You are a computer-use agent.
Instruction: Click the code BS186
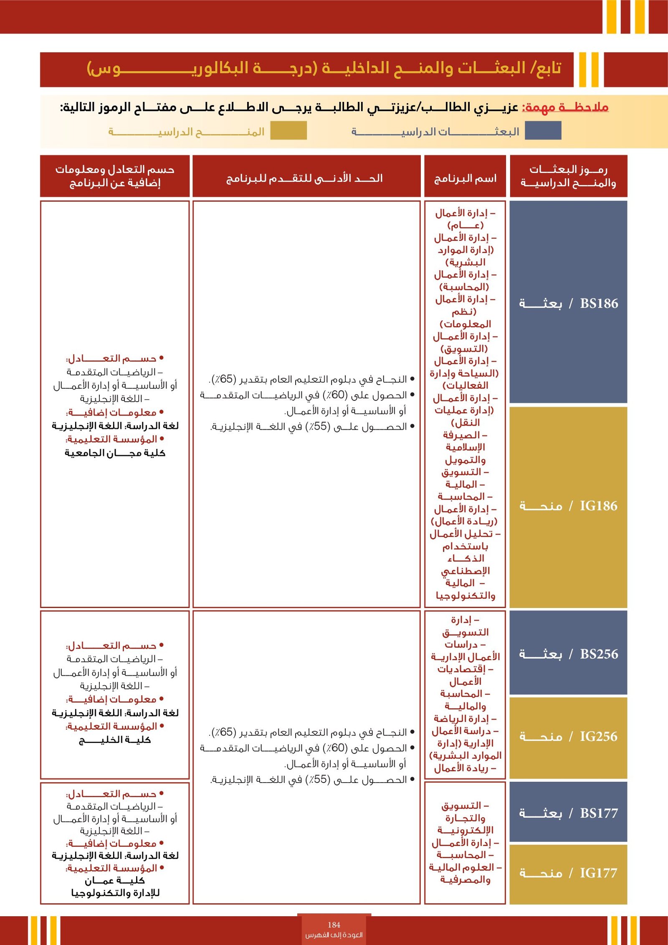tap(599, 304)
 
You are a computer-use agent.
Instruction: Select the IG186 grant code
tap(598, 506)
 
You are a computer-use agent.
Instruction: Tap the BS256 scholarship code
tap(599, 654)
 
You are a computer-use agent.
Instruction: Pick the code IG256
tap(598, 737)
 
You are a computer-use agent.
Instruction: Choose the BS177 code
tap(599, 813)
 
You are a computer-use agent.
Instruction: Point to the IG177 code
tap(598, 873)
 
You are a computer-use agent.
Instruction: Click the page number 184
tap(334, 925)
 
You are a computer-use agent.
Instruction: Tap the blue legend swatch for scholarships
tap(543, 131)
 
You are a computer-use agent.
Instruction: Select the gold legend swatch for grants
tap(288, 131)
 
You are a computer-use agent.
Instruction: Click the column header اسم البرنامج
tap(465, 179)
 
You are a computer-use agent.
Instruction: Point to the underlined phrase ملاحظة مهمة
tap(565, 107)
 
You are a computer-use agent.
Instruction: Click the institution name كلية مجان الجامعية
tap(115, 453)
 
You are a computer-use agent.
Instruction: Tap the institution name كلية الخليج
tap(115, 740)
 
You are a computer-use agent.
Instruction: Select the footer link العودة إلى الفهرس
tap(334, 935)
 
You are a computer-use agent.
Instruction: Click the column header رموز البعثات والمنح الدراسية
tap(568, 176)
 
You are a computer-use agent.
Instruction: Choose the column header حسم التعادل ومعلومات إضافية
tap(115, 176)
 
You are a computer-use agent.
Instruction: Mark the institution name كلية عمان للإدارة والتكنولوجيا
tap(115, 887)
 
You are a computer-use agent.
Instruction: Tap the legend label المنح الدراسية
tap(187, 132)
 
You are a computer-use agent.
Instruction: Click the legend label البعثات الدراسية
tap(435, 132)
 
